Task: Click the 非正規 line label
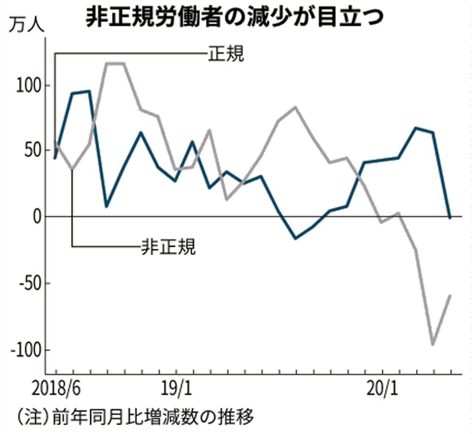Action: (168, 246)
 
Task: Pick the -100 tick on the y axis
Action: (24, 350)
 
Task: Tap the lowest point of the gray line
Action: (433, 344)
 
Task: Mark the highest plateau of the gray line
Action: (115, 63)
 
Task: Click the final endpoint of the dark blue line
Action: (450, 218)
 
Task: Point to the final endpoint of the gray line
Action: (450, 296)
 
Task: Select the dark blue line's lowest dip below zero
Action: (296, 238)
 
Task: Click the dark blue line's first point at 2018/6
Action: (55, 158)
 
